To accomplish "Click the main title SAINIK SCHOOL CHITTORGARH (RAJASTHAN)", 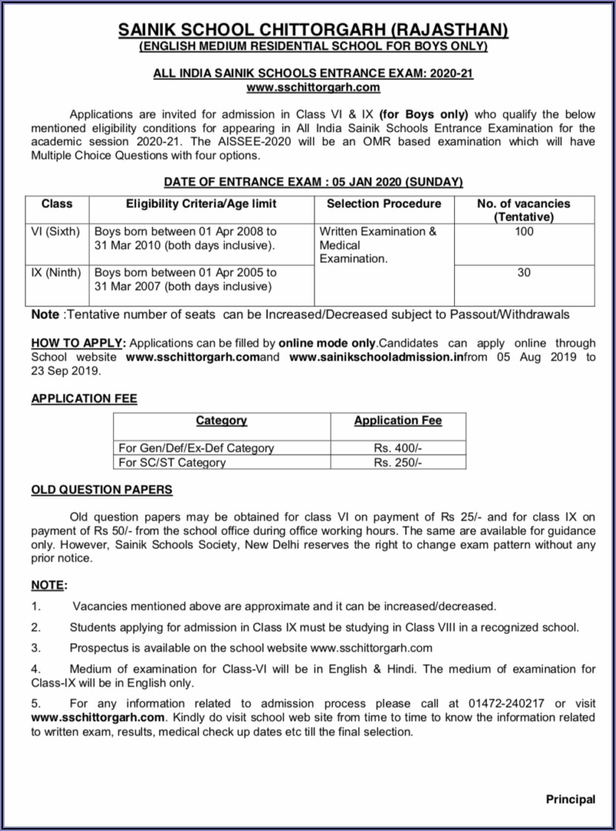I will [x=314, y=30].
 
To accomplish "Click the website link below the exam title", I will [x=314, y=87].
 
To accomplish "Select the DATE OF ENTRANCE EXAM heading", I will [x=313, y=181].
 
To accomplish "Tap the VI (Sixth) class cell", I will [x=55, y=232].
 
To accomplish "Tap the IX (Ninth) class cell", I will [x=55, y=272].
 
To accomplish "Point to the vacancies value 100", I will [x=524, y=232].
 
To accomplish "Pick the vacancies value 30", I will [x=524, y=272].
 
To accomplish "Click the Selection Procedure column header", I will [x=383, y=203].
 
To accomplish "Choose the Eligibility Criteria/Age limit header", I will [x=200, y=203].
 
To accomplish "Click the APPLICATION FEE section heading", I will [x=84, y=398].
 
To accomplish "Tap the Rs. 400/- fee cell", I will [x=398, y=448].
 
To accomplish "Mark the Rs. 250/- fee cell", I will [x=398, y=462].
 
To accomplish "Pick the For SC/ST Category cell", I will [x=172, y=462].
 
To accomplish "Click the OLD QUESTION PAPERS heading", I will [x=102, y=490].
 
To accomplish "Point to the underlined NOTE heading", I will [x=47, y=585].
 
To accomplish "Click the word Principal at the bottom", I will [x=570, y=799].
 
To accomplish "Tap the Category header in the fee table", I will [x=221, y=420].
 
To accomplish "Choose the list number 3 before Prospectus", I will [x=35, y=647].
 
